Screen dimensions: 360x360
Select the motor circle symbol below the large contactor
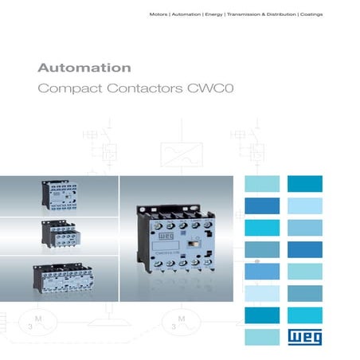click(x=180, y=326)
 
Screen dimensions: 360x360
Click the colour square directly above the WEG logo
click(x=304, y=314)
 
